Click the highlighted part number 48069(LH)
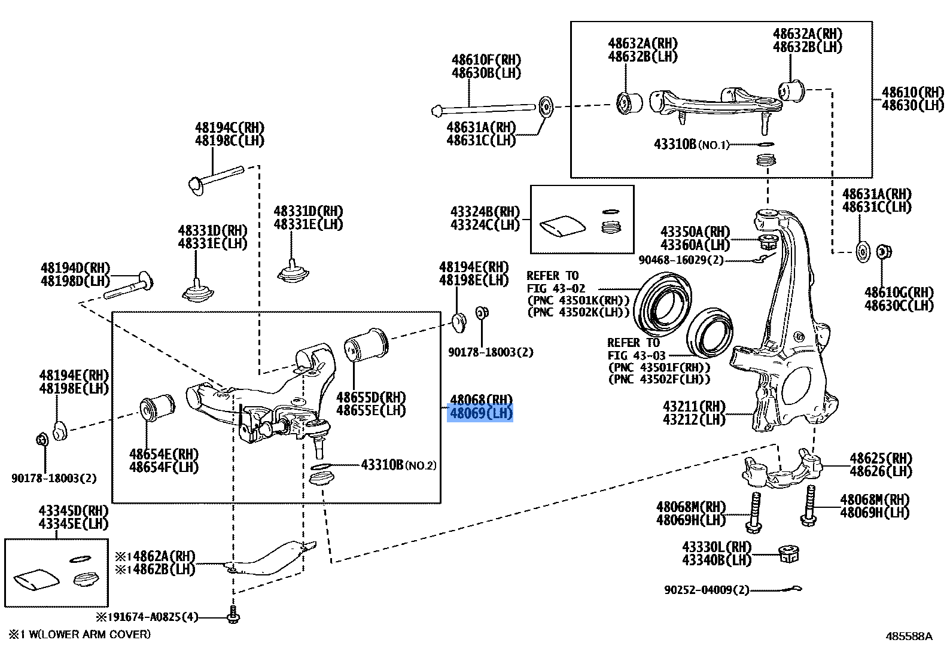tap(480, 413)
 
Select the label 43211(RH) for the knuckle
tap(694, 406)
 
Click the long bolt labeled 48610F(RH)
tap(485, 108)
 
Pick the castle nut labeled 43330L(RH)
tap(789, 554)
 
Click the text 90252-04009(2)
tap(706, 590)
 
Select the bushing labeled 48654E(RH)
tap(157, 409)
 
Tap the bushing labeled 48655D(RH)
tap(366, 345)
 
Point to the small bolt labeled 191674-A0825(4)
tap(233, 616)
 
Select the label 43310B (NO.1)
tap(691, 144)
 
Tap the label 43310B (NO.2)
tap(398, 465)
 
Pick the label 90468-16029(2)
tap(681, 260)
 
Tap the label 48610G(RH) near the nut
tap(899, 293)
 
